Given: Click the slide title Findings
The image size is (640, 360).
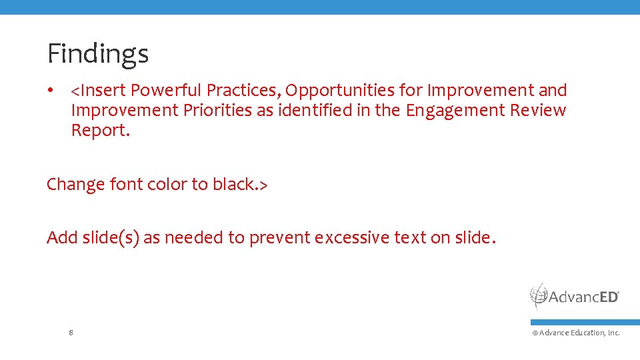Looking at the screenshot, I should (x=97, y=53).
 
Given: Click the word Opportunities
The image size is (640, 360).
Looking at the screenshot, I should (x=340, y=90).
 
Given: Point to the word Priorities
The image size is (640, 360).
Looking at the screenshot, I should (x=218, y=110).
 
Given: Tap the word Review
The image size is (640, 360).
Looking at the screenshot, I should (x=538, y=110).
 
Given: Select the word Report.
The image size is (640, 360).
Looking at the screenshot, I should (x=100, y=131).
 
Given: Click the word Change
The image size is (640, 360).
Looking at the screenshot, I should (x=75, y=184).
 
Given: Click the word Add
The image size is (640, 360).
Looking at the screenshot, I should (x=62, y=237).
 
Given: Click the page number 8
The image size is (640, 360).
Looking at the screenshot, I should (x=71, y=332).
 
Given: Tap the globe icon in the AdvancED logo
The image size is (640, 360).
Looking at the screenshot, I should (x=539, y=295).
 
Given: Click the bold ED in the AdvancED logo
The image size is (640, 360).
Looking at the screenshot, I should (x=607, y=297).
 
